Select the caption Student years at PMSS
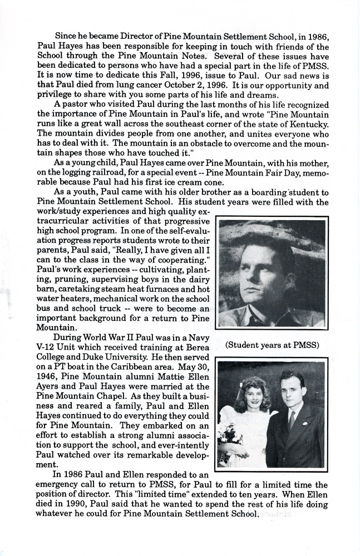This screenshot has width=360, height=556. [x=272, y=345]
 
